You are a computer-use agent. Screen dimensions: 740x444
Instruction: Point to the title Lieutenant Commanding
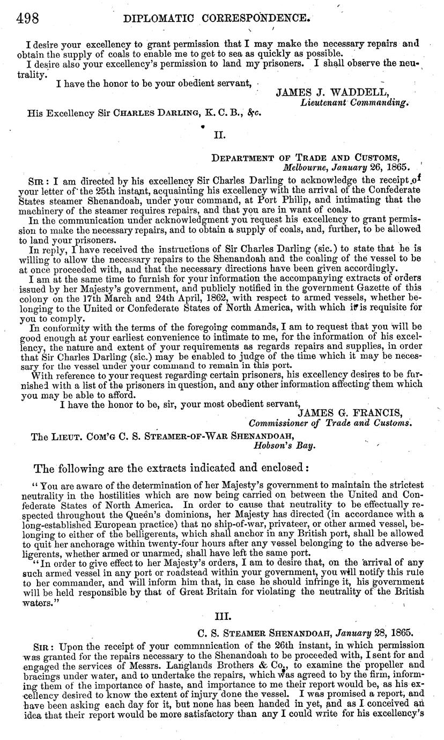355,102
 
